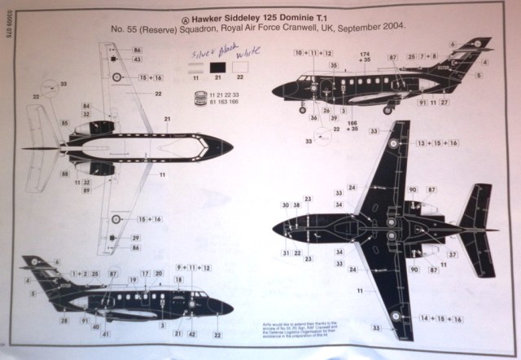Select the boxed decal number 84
tap(86, 106)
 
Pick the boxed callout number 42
tap(191, 335)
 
